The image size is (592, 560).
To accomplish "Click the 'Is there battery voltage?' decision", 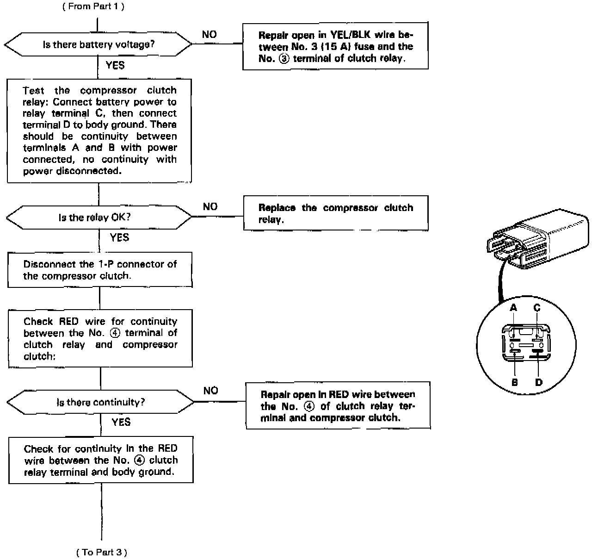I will (98, 45).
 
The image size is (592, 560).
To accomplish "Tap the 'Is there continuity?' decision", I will (100, 402).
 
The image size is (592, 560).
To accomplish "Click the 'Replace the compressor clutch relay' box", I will (336, 213).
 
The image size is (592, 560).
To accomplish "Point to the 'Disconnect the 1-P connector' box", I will (100, 270).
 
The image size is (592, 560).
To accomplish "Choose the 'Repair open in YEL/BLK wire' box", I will (335, 46).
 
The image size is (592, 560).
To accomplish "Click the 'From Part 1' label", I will (93, 6).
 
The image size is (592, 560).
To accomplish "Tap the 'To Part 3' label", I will (102, 552).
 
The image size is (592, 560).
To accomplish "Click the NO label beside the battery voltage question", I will (209, 35).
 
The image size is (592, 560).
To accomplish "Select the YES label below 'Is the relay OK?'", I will (119, 237).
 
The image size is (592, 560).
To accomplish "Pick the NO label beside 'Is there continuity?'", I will (210, 391).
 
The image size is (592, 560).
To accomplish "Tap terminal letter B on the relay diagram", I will (514, 383).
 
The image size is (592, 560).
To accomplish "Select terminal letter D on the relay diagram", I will (538, 383).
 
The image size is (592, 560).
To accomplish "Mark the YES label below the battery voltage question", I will (115, 65).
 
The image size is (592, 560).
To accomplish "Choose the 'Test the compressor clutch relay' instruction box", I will (99, 131).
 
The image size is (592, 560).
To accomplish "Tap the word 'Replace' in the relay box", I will (276, 208).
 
